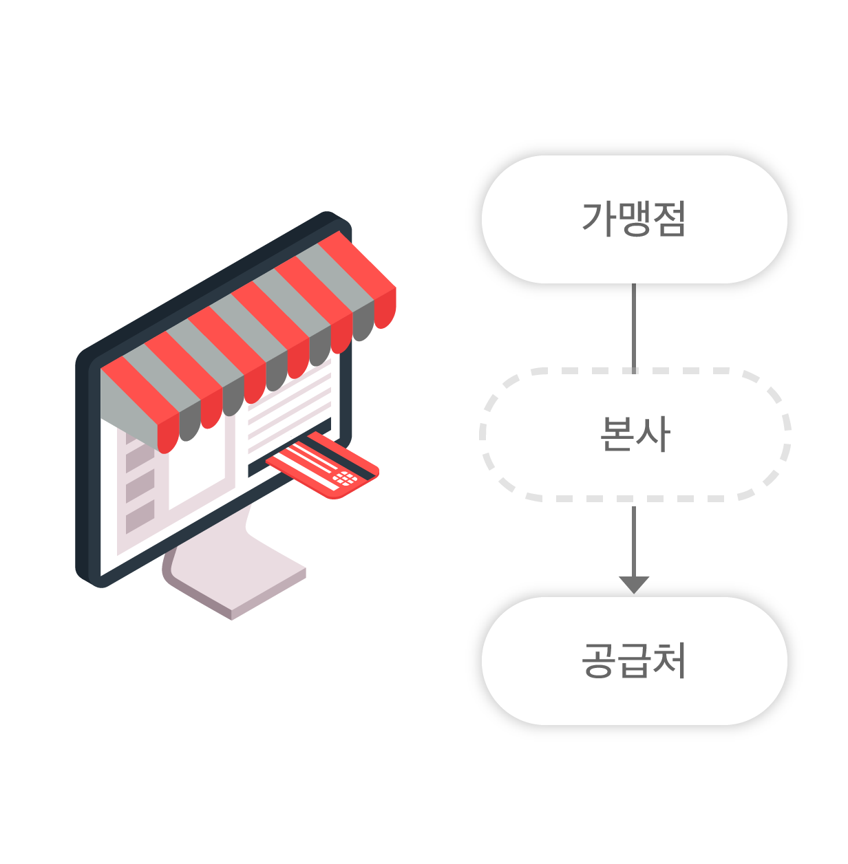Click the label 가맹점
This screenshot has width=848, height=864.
coord(633,219)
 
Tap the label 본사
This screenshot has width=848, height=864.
coord(635,434)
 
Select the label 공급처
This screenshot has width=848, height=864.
coord(634,660)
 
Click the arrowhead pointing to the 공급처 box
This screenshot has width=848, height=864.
coord(634,584)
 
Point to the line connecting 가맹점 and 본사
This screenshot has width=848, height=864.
coord(634,327)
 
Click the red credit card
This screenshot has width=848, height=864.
coord(324,466)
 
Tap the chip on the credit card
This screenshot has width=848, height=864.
coord(344,478)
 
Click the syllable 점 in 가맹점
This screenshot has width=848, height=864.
coord(668,219)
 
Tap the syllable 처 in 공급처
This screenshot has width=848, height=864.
coord(669,660)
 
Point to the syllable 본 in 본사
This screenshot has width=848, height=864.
coord(617,434)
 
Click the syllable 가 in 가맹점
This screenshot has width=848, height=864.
coord(598,219)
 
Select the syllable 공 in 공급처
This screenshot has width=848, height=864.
coord(598,660)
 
